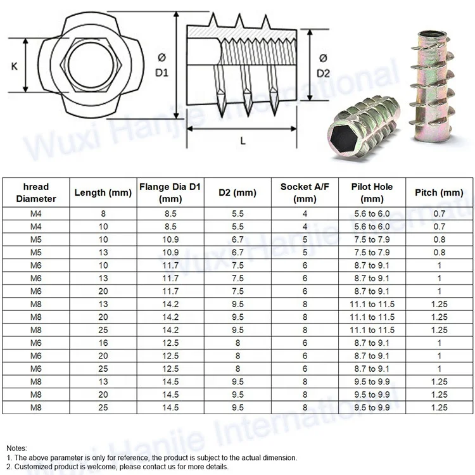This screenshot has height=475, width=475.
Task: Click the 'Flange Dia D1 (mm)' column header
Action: tap(170, 193)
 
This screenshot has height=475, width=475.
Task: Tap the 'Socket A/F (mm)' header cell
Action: tap(305, 193)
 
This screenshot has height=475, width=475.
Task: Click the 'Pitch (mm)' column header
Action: tap(439, 193)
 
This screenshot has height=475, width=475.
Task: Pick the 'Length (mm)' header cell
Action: tap(103, 193)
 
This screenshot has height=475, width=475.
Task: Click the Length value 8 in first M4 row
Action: tap(103, 214)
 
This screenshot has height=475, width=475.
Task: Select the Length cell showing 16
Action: tap(103, 343)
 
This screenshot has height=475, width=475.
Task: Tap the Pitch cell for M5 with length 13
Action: tap(439, 253)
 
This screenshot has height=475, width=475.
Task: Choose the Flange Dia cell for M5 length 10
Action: tap(170, 240)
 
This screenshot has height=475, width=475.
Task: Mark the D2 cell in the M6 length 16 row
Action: tap(237, 343)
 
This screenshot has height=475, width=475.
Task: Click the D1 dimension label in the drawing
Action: tap(161, 65)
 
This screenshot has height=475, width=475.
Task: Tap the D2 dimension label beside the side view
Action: tap(323, 65)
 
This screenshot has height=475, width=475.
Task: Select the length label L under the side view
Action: tap(243, 141)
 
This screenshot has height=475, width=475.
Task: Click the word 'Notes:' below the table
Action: tap(17, 448)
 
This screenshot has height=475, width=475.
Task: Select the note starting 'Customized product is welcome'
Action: tap(117, 466)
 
